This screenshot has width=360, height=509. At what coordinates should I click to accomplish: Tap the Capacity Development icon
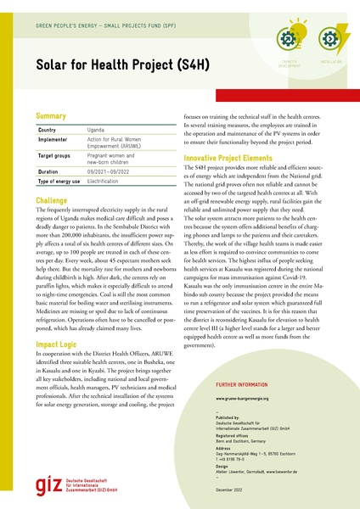click(288, 40)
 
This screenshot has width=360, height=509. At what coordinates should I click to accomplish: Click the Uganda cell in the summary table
click(98, 130)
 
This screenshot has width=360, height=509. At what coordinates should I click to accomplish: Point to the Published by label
click(229, 417)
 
